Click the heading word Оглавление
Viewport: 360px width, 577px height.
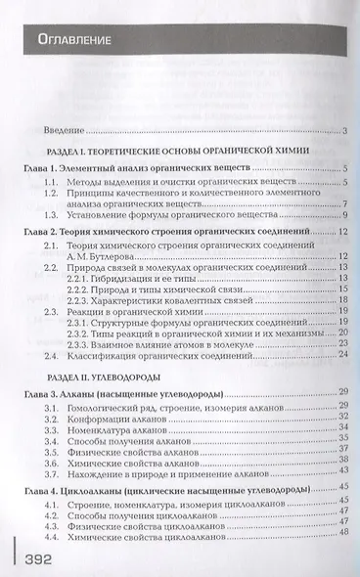[x=73, y=41]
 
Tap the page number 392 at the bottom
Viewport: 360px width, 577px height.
[x=43, y=557]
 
